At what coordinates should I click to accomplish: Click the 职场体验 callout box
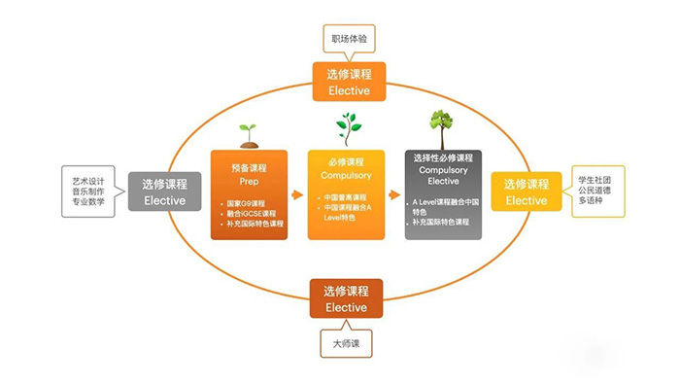coord(348,39)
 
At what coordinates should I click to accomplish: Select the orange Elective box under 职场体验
coord(348,82)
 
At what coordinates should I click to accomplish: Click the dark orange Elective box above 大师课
coord(347,298)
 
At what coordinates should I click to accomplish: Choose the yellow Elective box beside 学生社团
coord(526,191)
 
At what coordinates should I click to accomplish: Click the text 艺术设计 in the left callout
coord(87,179)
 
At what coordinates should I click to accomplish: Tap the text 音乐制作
coord(87,191)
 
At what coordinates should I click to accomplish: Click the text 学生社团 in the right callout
coord(599,179)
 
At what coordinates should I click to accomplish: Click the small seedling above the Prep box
coord(248,134)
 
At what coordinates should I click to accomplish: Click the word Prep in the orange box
coord(249,180)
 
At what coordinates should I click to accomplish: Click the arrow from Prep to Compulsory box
coord(297,193)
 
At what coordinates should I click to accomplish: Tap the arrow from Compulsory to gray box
coord(394,193)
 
